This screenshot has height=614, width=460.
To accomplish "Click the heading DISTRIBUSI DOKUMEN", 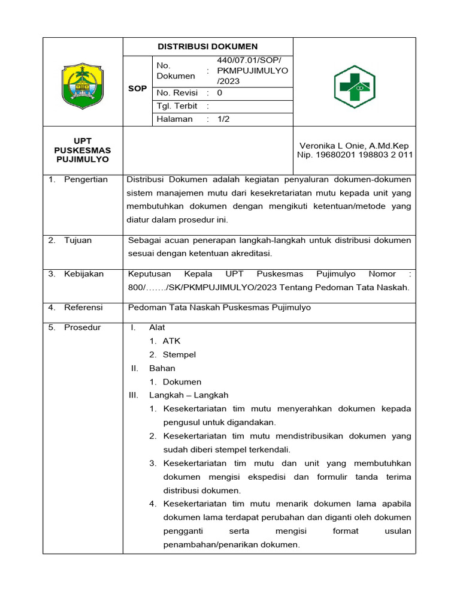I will (207, 46).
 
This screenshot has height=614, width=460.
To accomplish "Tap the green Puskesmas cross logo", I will (354, 87).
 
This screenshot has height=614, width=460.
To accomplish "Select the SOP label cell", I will (137, 89).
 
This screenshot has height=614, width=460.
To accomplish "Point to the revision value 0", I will (219, 93).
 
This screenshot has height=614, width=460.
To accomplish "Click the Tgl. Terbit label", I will (177, 106).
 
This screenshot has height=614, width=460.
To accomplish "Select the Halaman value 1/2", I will (223, 119).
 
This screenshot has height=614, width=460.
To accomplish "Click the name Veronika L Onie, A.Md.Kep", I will (354, 146).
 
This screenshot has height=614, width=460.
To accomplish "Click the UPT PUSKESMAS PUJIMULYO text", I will (83, 151).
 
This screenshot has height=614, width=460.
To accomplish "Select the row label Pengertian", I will (86, 179).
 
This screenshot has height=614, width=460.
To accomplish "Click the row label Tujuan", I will (78, 240).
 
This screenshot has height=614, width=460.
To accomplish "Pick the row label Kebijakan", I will (83, 274).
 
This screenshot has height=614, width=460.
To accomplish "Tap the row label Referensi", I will (83, 308).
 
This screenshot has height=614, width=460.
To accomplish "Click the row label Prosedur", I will (83, 327).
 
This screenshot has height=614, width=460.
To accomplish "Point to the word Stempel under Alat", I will (179, 354).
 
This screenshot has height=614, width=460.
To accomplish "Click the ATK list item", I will (171, 341).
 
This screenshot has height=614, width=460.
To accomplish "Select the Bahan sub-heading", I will (162, 368).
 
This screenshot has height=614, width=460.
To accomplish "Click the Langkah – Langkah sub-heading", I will (189, 395).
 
